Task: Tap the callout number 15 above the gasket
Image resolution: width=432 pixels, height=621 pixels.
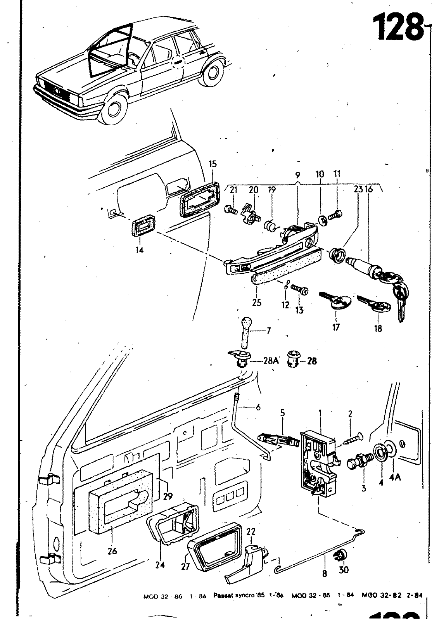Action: pyautogui.click(x=213, y=164)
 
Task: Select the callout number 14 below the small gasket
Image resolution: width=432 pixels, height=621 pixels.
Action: pyautogui.click(x=140, y=250)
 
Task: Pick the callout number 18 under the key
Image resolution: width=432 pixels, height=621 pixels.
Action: pyautogui.click(x=378, y=328)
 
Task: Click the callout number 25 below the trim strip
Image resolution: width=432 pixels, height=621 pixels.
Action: pyautogui.click(x=257, y=303)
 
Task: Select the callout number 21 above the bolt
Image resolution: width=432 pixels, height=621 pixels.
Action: pyautogui.click(x=233, y=190)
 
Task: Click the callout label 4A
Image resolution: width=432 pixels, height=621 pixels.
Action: pyautogui.click(x=396, y=477)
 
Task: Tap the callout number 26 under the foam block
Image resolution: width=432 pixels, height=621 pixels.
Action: pyautogui.click(x=112, y=550)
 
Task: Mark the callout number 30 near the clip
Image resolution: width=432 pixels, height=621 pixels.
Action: pyautogui.click(x=344, y=569)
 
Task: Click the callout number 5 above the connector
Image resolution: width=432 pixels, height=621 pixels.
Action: pyautogui.click(x=283, y=413)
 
